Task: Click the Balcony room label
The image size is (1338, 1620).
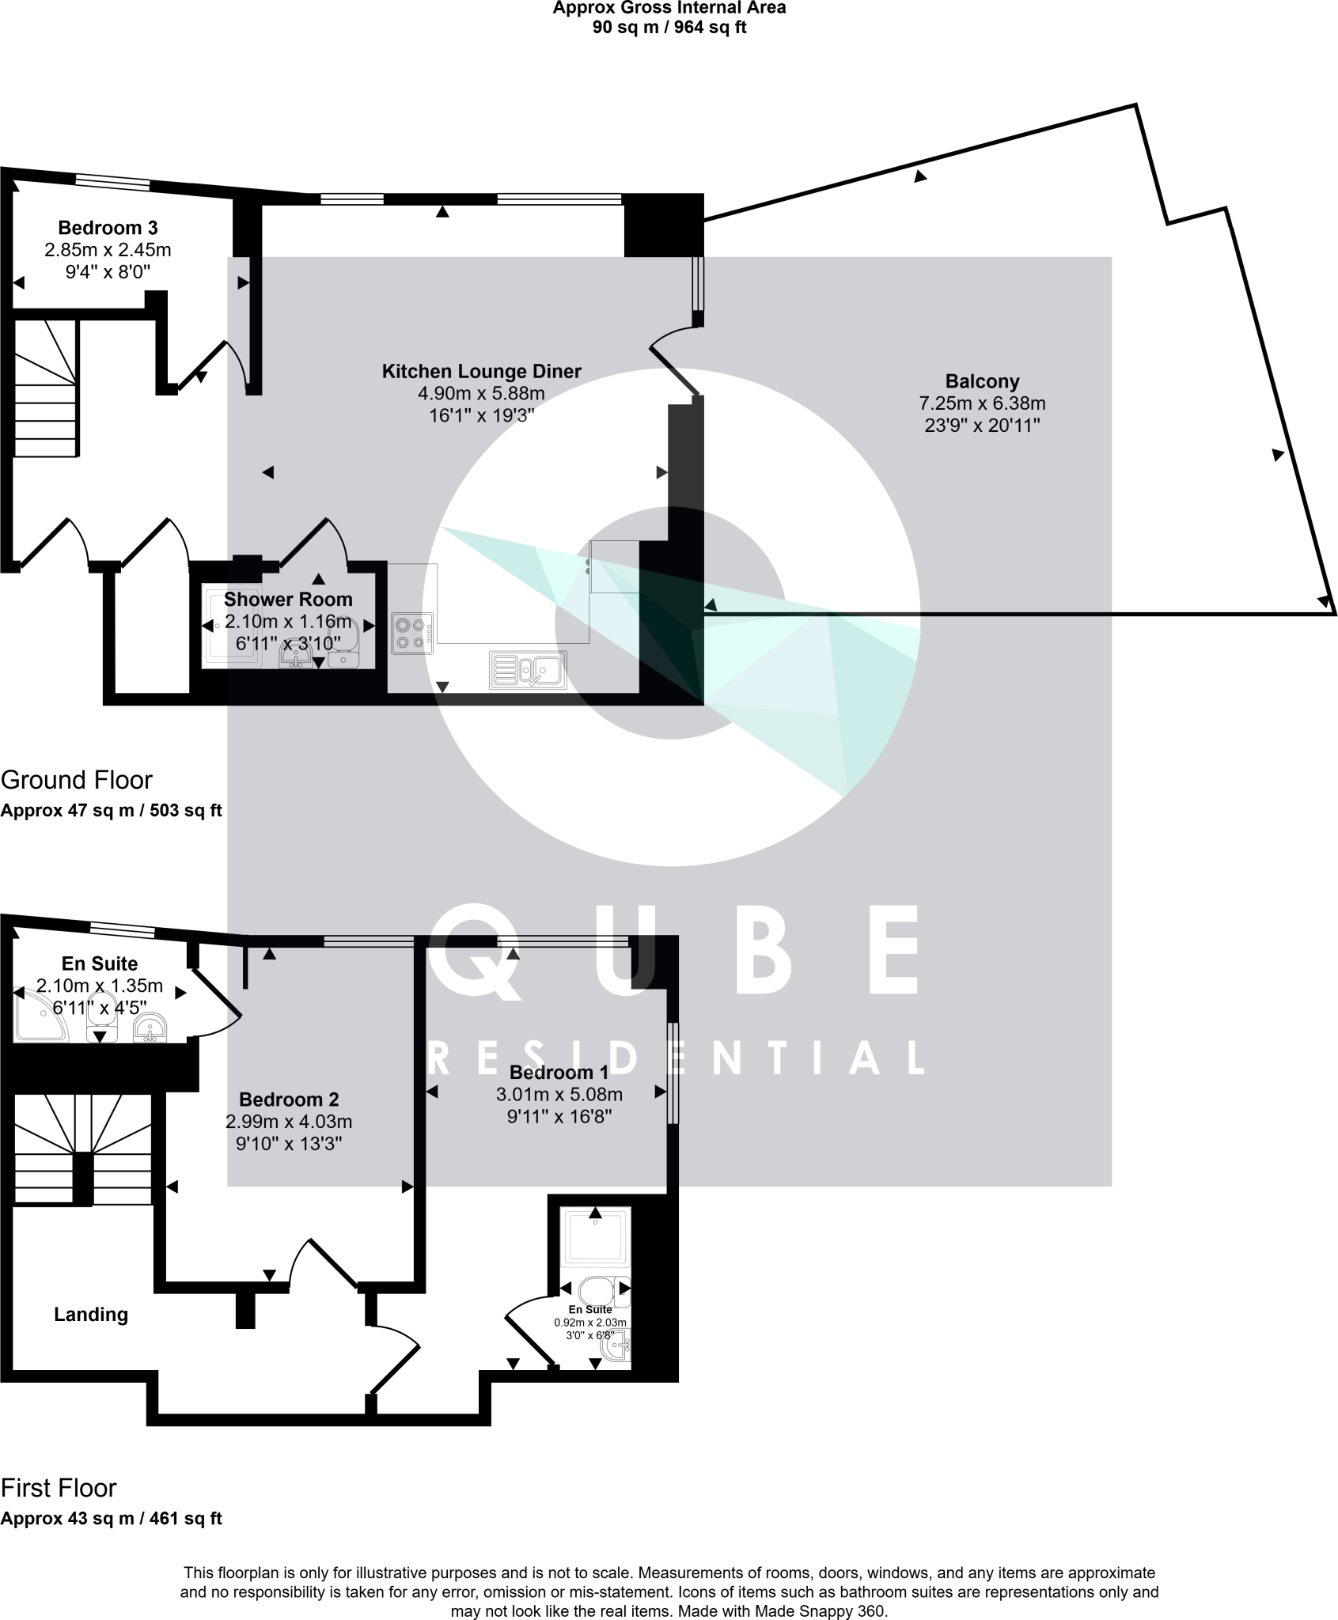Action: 981,381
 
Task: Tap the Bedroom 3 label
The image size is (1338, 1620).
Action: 108,229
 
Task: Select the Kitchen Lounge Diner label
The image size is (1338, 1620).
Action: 481,372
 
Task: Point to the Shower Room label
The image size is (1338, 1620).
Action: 288,600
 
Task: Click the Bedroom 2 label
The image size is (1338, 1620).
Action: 289,1100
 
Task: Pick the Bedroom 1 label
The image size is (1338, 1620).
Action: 559,1073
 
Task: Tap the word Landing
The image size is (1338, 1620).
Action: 91,1315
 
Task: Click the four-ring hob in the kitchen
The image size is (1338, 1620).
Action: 411,634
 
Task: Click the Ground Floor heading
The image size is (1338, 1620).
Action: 76,780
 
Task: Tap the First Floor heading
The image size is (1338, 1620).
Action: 59,1488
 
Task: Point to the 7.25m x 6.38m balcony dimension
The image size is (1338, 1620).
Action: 981,403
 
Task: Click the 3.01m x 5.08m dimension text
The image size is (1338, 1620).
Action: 559,1095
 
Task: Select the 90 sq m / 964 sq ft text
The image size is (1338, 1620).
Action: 669,28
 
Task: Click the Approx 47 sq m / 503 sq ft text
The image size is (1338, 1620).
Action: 112,811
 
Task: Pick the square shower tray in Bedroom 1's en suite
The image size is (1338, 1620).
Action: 595,1235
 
